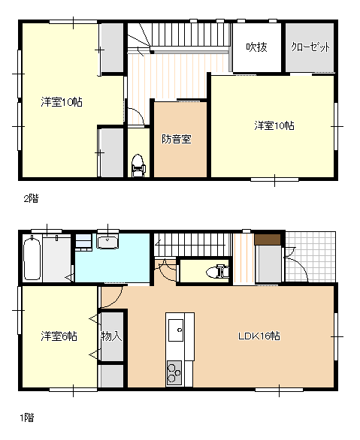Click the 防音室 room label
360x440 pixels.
pyautogui.click(x=177, y=139)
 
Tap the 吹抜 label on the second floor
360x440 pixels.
pyautogui.click(x=256, y=47)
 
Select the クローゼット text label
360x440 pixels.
pyautogui.click(x=310, y=47)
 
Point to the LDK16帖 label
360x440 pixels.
pyautogui.click(x=259, y=336)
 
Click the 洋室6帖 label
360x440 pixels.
pyautogui.click(x=59, y=336)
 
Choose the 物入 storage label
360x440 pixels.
pyautogui.click(x=111, y=336)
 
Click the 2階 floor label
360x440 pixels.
pyautogui.click(x=31, y=199)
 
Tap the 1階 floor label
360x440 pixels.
pyautogui.click(x=27, y=417)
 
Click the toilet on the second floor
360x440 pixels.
pyautogui.click(x=138, y=165)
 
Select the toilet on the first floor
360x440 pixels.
pyautogui.click(x=218, y=272)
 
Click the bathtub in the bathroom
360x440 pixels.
pyautogui.click(x=32, y=258)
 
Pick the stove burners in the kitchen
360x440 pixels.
pyautogui.click(x=174, y=372)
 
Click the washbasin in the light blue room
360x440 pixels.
pyautogui.click(x=107, y=243)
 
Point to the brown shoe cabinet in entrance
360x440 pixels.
pyautogui.click(x=268, y=240)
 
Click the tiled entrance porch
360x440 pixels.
pyautogui.click(x=310, y=257)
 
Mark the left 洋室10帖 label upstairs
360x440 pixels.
pyautogui.click(x=62, y=102)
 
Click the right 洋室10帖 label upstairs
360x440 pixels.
pyautogui.click(x=274, y=125)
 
